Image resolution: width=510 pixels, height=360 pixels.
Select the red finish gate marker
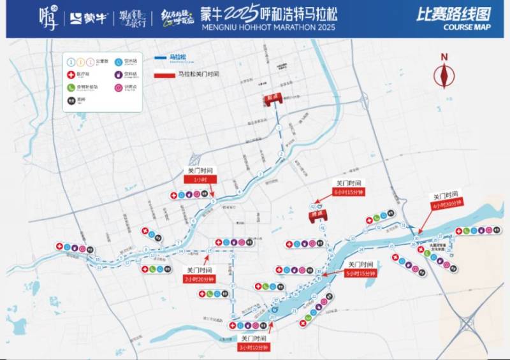[x=314, y=215]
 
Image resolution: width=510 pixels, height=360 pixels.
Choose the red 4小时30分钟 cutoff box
[x=446, y=205]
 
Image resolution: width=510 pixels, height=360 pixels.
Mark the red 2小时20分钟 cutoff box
[x=200, y=278]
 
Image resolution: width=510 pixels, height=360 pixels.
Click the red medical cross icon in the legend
[x=71, y=75]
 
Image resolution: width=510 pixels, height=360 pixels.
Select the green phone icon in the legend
[x=71, y=87]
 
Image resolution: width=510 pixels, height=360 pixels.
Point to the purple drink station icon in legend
[x=119, y=75]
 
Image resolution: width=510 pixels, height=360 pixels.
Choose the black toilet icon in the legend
[x=71, y=99]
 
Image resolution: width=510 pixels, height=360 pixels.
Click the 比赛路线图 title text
[x=447, y=14]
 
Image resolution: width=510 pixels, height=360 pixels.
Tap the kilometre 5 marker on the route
[x=213, y=201]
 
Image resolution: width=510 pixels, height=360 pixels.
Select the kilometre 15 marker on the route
[x=209, y=251]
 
